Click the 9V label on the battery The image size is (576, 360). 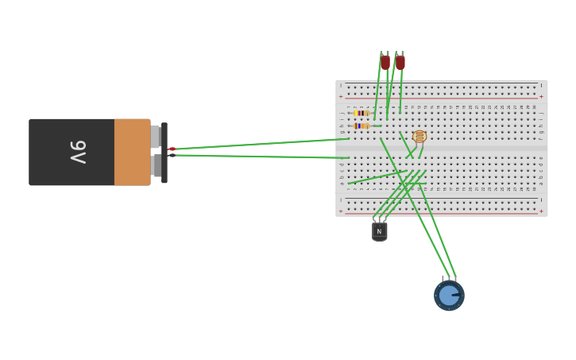pyautogui.click(x=78, y=152)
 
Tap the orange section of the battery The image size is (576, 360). pyautogui.click(x=132, y=152)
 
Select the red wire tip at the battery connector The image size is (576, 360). pyautogui.click(x=172, y=149)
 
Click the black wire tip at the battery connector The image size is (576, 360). pyautogui.click(x=172, y=156)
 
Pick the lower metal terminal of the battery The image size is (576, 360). pyautogui.click(x=156, y=165)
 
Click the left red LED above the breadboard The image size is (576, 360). pyautogui.click(x=385, y=62)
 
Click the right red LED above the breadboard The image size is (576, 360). pyautogui.click(x=400, y=62)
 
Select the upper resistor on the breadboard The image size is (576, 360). pyautogui.click(x=361, y=114)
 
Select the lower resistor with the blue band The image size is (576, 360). pyautogui.click(x=361, y=126)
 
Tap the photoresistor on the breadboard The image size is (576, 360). pyautogui.click(x=420, y=137)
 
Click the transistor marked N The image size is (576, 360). pyautogui.click(x=379, y=230)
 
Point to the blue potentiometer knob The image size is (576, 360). pyautogui.click(x=449, y=296)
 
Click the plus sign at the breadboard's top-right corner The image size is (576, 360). pyautogui.click(x=541, y=96)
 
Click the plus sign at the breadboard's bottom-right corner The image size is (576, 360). pyautogui.click(x=541, y=211)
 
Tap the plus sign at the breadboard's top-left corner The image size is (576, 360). pyautogui.click(x=342, y=96)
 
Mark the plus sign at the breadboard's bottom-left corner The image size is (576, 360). pyautogui.click(x=342, y=211)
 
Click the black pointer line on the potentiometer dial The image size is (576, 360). pyautogui.click(x=456, y=296)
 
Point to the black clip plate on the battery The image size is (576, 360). pyautogui.click(x=164, y=153)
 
